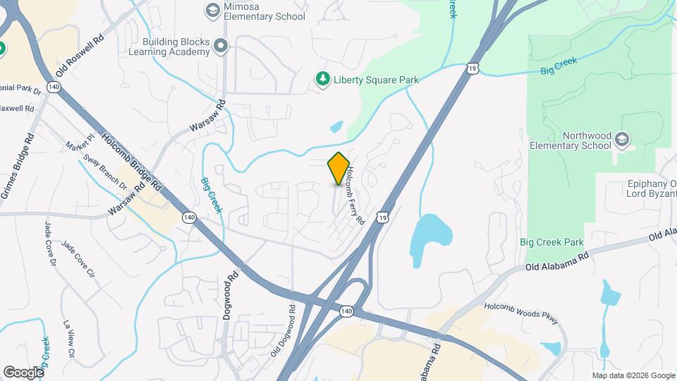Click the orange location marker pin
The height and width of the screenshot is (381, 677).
click(x=339, y=169)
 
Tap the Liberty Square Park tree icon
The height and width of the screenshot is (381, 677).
click(x=322, y=79)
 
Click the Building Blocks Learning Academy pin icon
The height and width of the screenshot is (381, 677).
click(x=221, y=47)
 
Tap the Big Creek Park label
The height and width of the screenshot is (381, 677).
click(x=551, y=242)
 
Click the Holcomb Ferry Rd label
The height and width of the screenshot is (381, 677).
click(x=355, y=195)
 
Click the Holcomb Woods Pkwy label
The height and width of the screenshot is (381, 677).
click(x=522, y=313)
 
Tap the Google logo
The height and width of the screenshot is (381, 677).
click(x=23, y=372)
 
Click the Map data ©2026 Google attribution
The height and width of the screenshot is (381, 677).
click(x=633, y=375)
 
